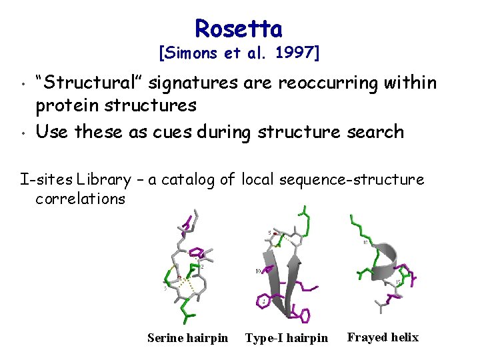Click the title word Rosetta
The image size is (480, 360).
(239, 28)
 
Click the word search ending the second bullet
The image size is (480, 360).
(373, 131)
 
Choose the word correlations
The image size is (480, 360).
(81, 199)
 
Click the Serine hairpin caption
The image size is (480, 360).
(187, 338)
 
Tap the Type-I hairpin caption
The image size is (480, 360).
(287, 338)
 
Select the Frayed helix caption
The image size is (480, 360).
(383, 337)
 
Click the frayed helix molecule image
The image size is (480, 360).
(383, 263)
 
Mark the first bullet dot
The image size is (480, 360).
(23, 85)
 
